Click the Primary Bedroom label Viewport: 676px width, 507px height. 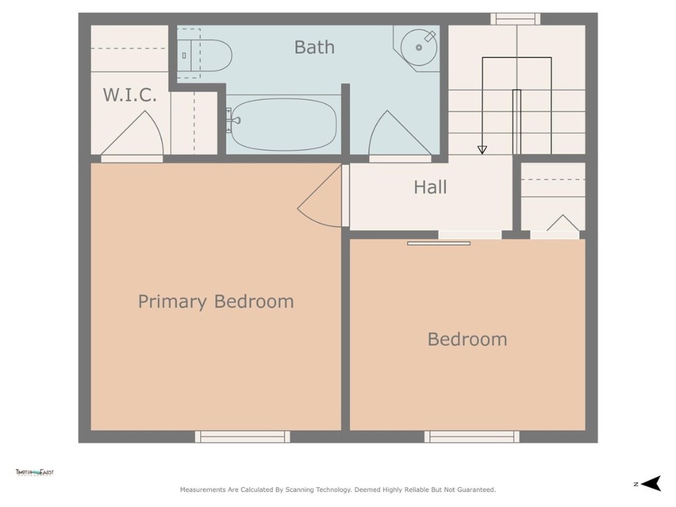pyautogui.click(x=216, y=302)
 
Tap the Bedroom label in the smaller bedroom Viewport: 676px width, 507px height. pyautogui.click(x=467, y=339)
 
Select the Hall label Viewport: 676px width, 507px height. pyautogui.click(x=430, y=187)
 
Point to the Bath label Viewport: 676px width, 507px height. pyautogui.click(x=314, y=48)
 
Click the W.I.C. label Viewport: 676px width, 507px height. pyautogui.click(x=130, y=95)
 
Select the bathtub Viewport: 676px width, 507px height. pyautogui.click(x=284, y=124)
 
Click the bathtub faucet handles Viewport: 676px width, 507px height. pyautogui.click(x=233, y=120)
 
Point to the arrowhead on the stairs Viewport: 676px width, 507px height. pyautogui.click(x=482, y=150)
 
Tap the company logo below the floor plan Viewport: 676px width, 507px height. pyautogui.click(x=35, y=473)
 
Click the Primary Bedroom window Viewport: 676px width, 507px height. pyautogui.click(x=242, y=436)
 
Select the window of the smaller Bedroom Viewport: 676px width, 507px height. pyautogui.click(x=471, y=436)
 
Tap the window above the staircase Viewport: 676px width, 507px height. pyautogui.click(x=515, y=19)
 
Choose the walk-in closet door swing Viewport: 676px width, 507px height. pyautogui.click(x=133, y=135)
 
